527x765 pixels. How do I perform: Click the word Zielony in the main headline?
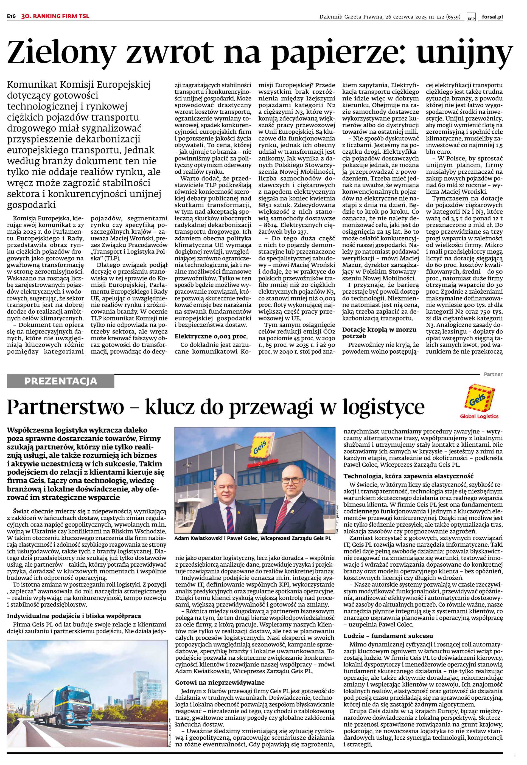61,53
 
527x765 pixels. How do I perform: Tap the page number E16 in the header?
12,16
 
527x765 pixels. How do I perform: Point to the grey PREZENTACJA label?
60,381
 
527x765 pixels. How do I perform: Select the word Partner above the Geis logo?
493,374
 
